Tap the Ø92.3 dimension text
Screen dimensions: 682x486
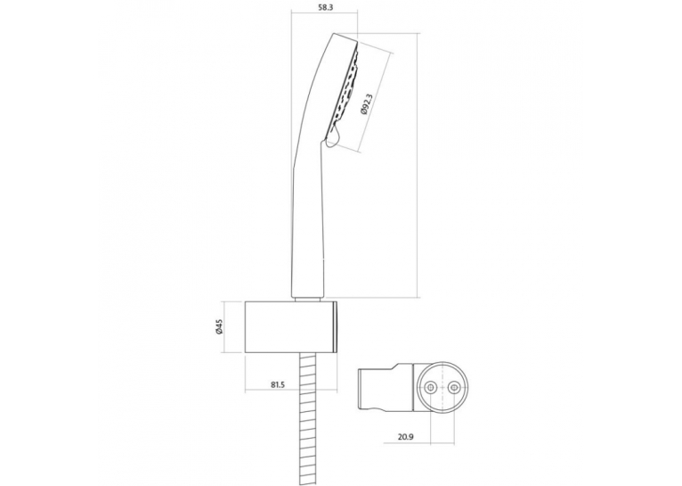tap(365, 104)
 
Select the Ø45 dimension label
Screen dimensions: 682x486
tap(219, 326)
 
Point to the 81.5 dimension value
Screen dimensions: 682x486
tap(278, 384)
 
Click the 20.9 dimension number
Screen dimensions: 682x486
tap(405, 436)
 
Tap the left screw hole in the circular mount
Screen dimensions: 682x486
tap(431, 386)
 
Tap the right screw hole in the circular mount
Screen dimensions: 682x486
tap(453, 386)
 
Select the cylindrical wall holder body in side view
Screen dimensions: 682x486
tap(289, 326)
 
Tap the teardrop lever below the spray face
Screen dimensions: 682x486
tap(331, 137)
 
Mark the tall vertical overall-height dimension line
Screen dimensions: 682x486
tap(418, 166)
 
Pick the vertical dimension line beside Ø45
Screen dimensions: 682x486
tap(225, 326)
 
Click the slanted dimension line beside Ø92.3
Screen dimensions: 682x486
tap(378, 103)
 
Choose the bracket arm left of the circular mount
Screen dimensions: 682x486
tap(385, 386)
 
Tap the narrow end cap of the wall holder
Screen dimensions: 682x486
tap(336, 326)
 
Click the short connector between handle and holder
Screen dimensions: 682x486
tap(308, 299)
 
